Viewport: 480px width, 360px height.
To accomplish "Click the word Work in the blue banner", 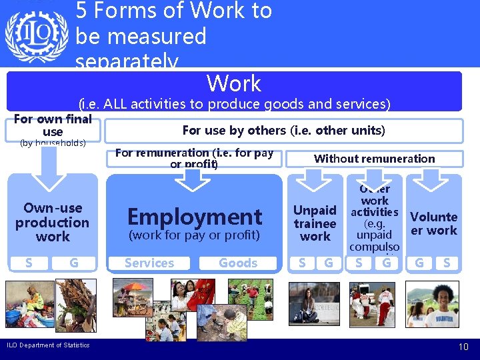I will (x=233, y=83).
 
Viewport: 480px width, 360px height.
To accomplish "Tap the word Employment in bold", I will (x=195, y=217).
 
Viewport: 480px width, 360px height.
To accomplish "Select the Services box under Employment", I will (x=149, y=263).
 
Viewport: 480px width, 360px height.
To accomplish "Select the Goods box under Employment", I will (x=238, y=263).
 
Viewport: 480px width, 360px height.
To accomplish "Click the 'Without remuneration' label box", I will (x=374, y=159).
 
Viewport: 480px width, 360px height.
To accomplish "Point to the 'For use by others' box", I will (x=283, y=131).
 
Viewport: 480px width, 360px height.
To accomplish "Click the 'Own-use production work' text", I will (x=52, y=222).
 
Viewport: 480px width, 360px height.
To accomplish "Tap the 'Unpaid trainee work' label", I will (x=315, y=223).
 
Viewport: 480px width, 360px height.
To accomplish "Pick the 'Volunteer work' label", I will (x=433, y=223).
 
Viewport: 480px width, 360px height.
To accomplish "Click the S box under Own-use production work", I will (x=28, y=263).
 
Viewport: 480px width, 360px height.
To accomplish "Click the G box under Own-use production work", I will (x=73, y=263).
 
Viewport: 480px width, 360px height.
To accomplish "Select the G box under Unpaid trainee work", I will (x=328, y=263).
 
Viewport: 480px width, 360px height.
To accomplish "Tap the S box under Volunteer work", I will (x=447, y=263).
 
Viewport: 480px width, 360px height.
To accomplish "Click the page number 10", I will (x=463, y=347).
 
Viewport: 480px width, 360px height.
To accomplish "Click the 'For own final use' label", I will (x=52, y=125).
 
